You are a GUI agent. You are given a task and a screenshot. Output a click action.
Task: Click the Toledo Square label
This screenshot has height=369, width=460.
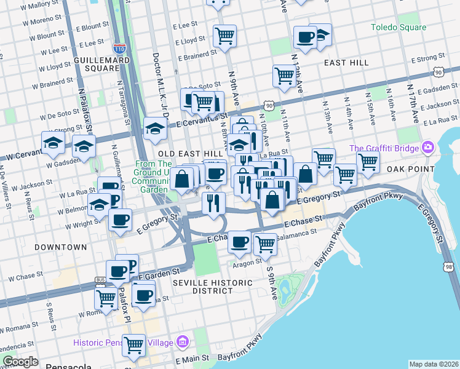click(x=399, y=28)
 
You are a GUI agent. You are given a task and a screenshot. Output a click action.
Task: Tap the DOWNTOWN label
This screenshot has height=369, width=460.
click(x=60, y=247)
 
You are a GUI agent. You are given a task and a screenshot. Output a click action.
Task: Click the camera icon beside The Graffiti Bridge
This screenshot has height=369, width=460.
click(x=428, y=148)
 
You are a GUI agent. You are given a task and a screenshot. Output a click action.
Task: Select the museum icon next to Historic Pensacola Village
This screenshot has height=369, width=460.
click(x=182, y=342)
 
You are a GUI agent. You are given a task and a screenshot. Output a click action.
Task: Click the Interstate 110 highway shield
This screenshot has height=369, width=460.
click(x=120, y=47)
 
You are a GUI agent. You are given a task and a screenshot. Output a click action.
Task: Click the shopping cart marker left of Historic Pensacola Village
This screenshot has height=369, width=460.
click(x=133, y=345)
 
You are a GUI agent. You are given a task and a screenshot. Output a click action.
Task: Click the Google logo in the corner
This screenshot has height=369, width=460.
click(x=20, y=362)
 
